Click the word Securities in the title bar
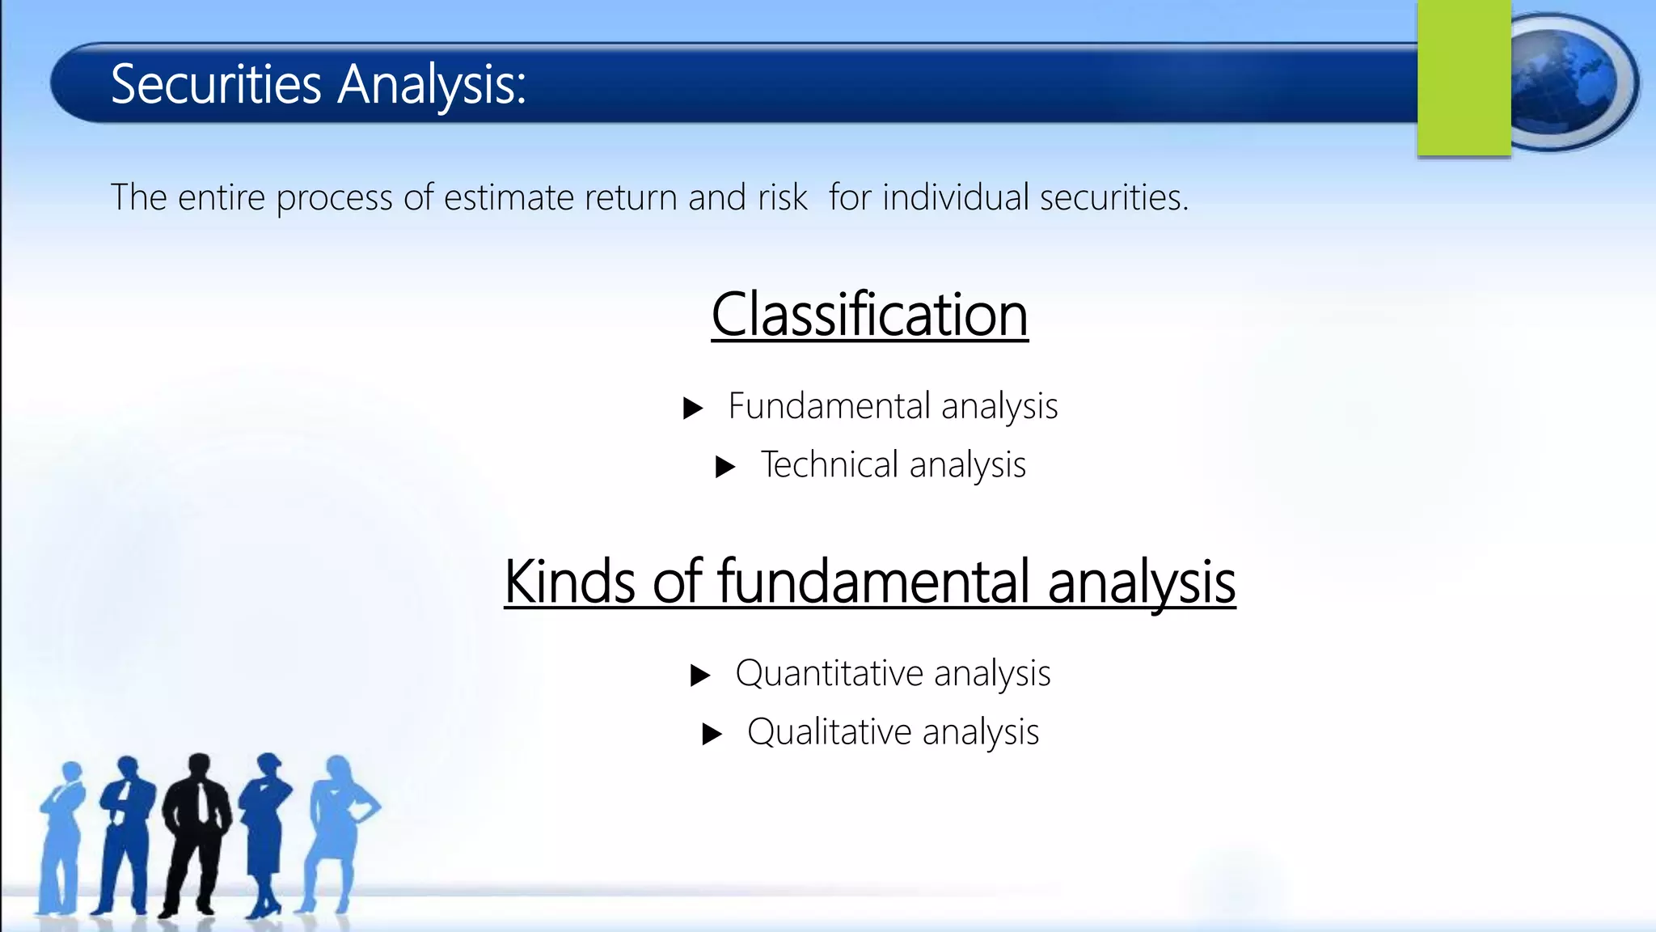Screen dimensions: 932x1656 tap(216, 84)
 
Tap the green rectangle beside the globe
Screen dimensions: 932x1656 tap(1464, 78)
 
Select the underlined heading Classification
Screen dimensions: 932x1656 tap(869, 315)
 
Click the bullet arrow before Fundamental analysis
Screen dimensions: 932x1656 tap(692, 408)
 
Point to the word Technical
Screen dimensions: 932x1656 tap(829, 465)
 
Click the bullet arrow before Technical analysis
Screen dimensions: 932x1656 tap(725, 467)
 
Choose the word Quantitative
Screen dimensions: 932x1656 tap(829, 674)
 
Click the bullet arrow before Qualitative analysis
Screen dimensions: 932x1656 tap(712, 735)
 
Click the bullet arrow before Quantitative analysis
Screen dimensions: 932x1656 tap(700, 676)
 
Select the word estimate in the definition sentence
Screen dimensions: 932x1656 tap(509, 197)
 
